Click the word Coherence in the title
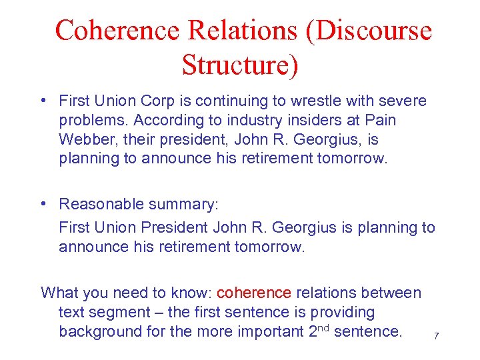tap(117, 31)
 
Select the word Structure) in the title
tap(240, 65)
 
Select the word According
tap(171, 121)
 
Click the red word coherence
tap(254, 293)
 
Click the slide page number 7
tap(437, 336)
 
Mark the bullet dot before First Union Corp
tap(43, 101)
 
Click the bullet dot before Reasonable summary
tap(43, 203)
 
